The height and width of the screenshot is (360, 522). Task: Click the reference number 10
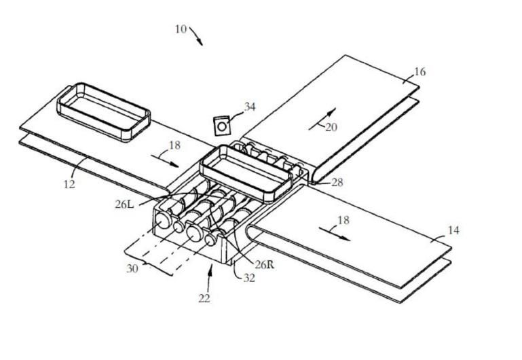tap(181, 29)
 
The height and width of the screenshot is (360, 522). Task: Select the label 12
tap(69, 183)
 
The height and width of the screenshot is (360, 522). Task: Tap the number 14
tap(453, 230)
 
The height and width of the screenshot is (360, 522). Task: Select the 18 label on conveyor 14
tap(344, 221)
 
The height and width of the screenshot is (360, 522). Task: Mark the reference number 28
tap(337, 183)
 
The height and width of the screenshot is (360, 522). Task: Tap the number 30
tap(132, 268)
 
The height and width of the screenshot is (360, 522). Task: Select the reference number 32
tap(249, 277)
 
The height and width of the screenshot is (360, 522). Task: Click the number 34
tap(250, 107)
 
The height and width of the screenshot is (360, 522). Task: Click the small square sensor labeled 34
tap(221, 126)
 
